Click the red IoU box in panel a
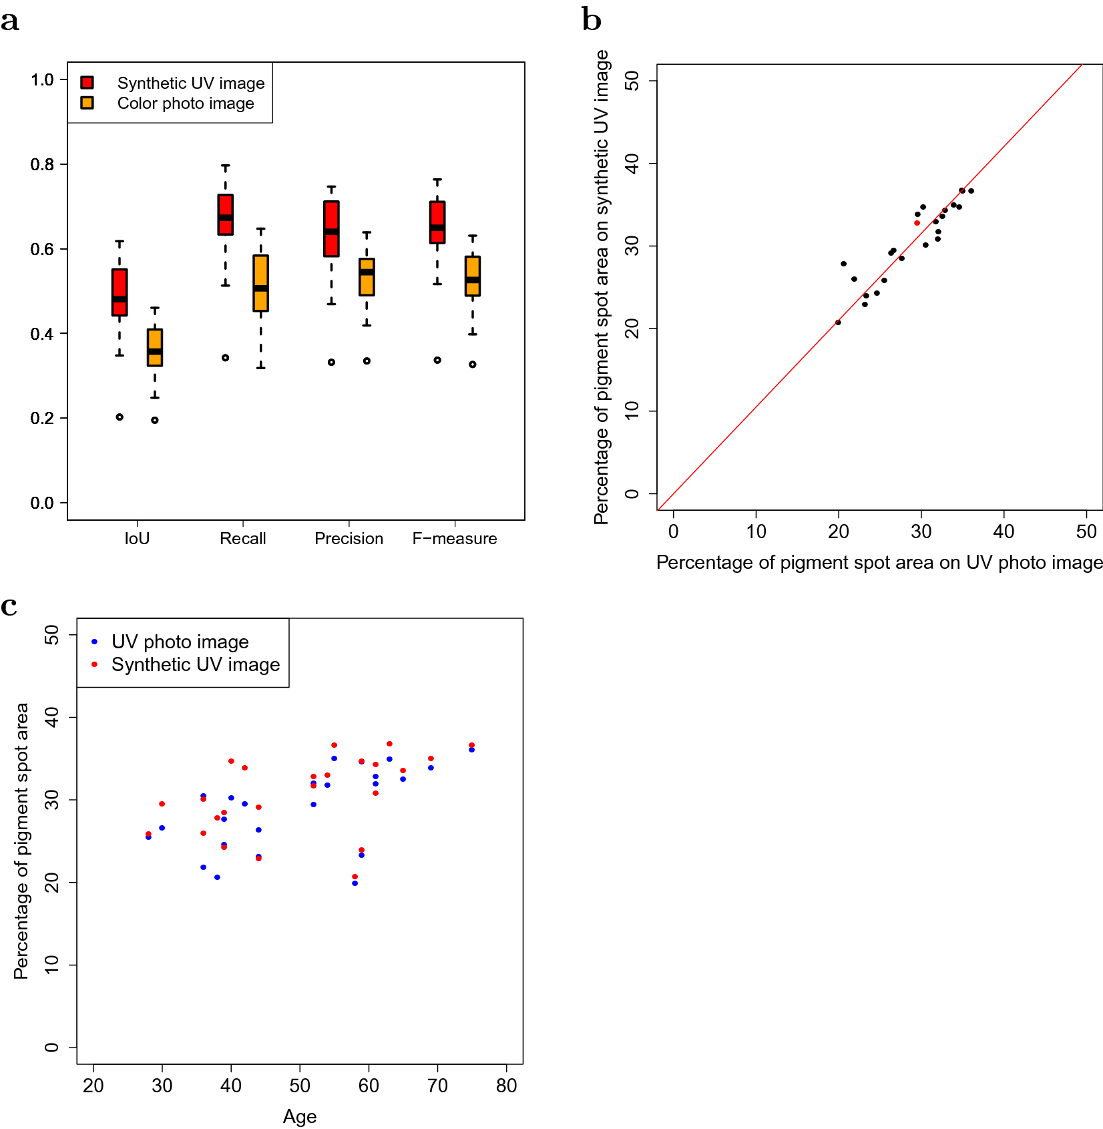(120, 292)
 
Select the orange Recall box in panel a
(261, 283)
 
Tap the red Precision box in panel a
(331, 228)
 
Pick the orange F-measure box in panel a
(473, 276)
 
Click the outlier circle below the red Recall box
(226, 358)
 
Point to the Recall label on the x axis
(243, 539)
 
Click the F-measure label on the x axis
(455, 539)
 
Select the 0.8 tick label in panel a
(42, 165)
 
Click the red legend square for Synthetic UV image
(87, 82)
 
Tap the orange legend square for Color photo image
(87, 103)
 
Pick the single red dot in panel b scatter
(917, 223)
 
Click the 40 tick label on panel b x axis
(1004, 532)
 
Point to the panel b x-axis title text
(879, 563)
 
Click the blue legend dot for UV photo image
(95, 642)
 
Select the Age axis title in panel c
(300, 1116)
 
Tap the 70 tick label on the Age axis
(437, 1086)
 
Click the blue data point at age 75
(471, 750)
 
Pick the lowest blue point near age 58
(355, 883)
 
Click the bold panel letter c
(9, 606)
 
